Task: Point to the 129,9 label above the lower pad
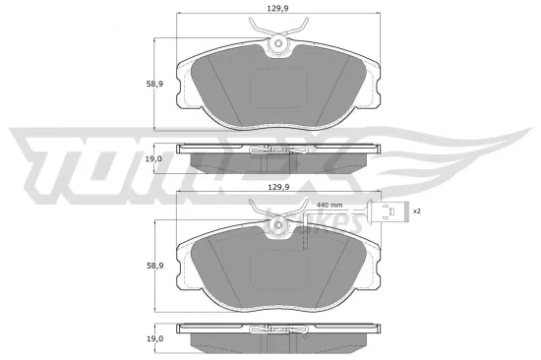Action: tap(276, 186)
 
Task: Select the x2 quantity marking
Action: tap(416, 210)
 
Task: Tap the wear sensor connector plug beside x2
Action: tap(391, 211)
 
